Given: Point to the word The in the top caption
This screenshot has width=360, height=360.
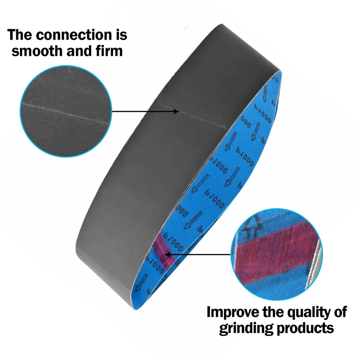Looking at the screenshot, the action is [x=22, y=35].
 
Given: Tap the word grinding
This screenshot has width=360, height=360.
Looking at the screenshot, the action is [x=247, y=328].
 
